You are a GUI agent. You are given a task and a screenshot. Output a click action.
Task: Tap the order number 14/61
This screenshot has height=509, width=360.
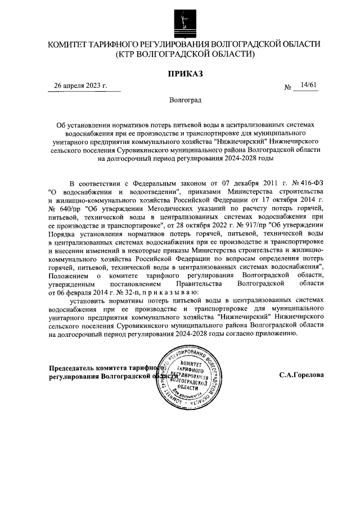pyautogui.click(x=309, y=85)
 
